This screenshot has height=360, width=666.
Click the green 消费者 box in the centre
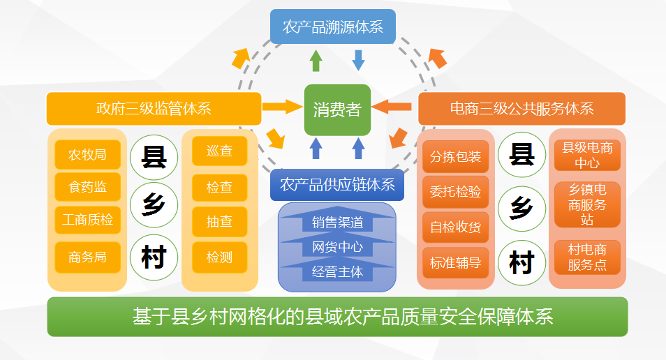pos(337,110)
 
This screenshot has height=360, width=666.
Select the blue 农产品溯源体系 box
pos(333,27)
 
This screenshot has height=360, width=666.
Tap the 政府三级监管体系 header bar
pos(154,109)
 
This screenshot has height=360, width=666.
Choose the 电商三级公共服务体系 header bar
pos(521,109)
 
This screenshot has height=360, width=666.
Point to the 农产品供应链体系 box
pos(337,185)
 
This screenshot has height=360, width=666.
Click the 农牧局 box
pos(87,154)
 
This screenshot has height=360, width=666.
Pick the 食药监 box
pos(87,187)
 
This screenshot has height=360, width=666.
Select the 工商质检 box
pos(87,220)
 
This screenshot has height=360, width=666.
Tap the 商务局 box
pos(87,257)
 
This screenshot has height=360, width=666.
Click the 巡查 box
pos(220,151)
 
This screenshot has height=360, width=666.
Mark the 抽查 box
pos(220,221)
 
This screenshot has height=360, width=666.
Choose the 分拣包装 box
pos(455,157)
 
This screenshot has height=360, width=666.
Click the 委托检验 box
pos(455,192)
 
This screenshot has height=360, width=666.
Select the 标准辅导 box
pos(455,263)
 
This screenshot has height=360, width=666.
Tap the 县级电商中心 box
pos(587,155)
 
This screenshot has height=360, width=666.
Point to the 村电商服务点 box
pos(587,257)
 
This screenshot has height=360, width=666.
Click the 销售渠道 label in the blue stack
pos(337,222)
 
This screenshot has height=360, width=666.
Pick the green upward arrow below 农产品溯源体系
pos(316,61)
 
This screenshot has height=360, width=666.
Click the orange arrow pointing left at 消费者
pos(391,107)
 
